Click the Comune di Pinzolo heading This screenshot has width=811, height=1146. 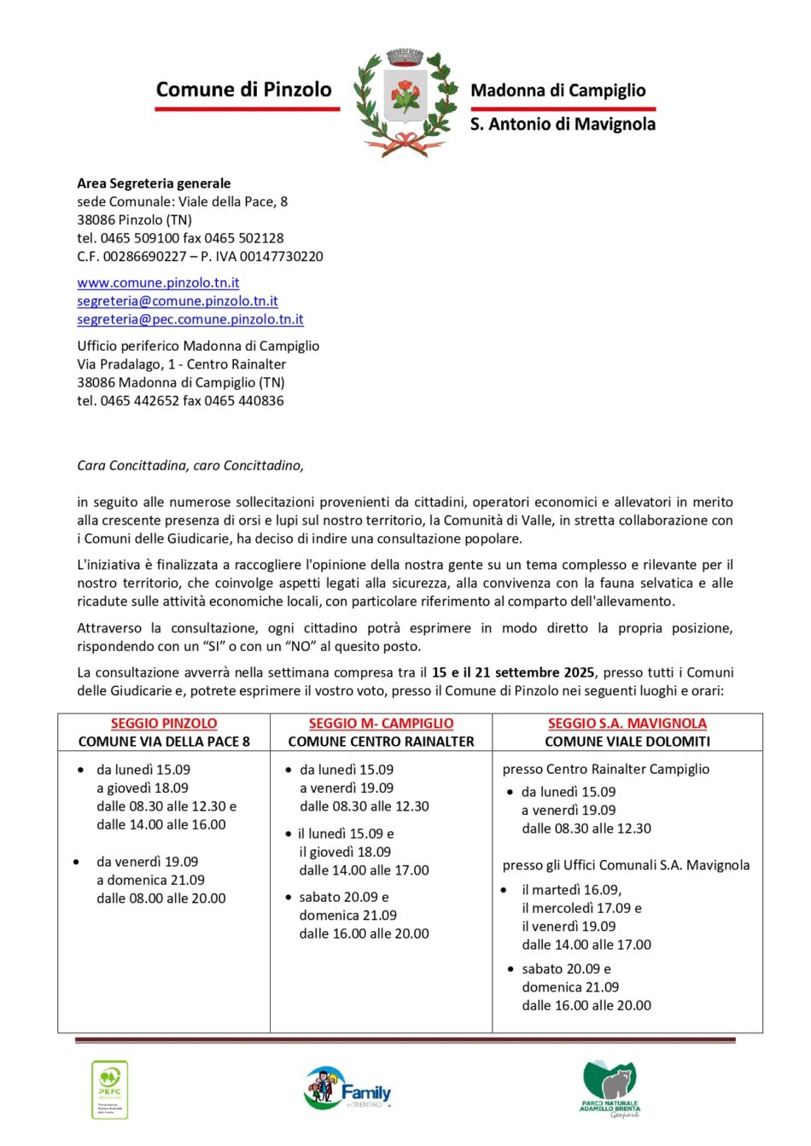point(243,90)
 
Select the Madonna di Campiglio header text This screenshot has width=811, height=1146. point(558,90)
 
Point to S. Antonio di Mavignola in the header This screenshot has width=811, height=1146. point(563,125)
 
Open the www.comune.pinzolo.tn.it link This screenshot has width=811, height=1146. point(158,282)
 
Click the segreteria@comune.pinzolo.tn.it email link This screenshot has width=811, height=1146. point(178,301)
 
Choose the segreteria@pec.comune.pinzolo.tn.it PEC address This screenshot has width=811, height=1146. point(190,319)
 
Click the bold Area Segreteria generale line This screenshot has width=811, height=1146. point(154,183)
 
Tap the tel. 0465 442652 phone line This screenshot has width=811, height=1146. point(180,401)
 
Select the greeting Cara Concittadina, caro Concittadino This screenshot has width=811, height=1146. point(190,466)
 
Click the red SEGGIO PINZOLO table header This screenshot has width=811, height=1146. point(164,724)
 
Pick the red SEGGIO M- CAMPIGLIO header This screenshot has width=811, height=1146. point(381,724)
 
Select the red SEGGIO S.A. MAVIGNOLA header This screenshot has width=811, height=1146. point(627,724)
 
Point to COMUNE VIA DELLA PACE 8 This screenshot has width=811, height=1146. point(164,742)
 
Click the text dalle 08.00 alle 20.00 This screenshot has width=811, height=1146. point(161,899)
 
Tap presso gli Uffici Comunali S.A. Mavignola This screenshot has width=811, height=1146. point(626,865)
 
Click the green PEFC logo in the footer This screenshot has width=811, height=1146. point(109,1089)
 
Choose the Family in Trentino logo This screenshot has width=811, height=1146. point(348,1088)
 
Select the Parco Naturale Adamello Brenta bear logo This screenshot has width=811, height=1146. point(610,1089)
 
